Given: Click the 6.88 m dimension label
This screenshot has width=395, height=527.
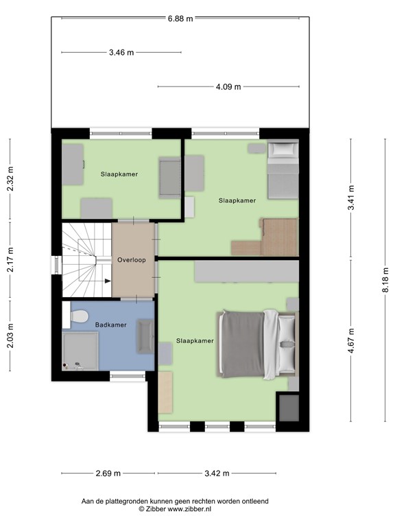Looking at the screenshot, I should (180, 19).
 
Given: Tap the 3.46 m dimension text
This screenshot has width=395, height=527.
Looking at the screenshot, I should (121, 52).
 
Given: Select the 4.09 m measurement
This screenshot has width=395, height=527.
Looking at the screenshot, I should (228, 87).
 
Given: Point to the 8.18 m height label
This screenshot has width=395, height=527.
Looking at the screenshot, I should (385, 281).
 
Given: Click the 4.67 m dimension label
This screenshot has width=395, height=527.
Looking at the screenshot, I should (350, 341).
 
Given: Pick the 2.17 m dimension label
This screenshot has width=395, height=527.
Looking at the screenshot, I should (10, 261).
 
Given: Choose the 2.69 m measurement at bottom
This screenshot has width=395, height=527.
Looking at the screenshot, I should (108, 473).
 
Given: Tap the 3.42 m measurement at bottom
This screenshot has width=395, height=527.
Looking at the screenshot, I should (217, 473).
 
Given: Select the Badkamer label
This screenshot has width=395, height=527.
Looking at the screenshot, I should (111, 325).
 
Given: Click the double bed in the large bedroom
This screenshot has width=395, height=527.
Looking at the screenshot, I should (258, 343).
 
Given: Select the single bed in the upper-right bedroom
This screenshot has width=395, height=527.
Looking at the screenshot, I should (282, 172).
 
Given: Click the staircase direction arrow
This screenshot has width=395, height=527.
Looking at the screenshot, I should (107, 280).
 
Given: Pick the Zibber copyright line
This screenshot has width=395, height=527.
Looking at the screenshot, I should (176, 510).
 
